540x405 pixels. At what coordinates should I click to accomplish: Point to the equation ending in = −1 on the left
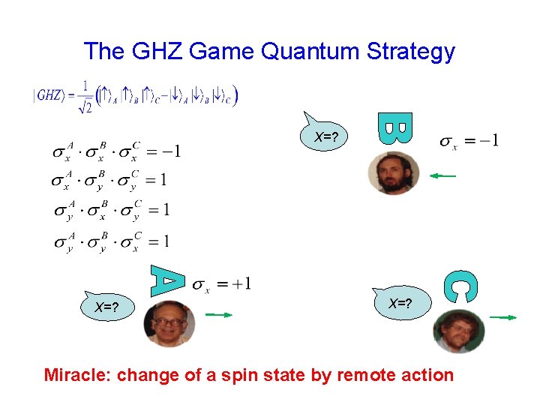tap(115, 152)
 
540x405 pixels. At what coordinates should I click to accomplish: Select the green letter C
tap(460, 286)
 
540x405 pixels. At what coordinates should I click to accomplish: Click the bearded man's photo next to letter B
tap(393, 173)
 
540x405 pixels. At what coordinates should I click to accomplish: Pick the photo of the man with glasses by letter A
tap(169, 323)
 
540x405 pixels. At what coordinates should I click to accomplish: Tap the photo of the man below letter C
tap(458, 331)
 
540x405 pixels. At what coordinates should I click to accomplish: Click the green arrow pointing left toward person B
tap(442, 176)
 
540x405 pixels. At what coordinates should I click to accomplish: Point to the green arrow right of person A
tap(219, 316)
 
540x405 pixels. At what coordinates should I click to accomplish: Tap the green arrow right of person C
tap(503, 318)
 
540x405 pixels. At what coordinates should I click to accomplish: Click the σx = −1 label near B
tap(469, 140)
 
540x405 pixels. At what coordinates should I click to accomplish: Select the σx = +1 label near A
tap(222, 283)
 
